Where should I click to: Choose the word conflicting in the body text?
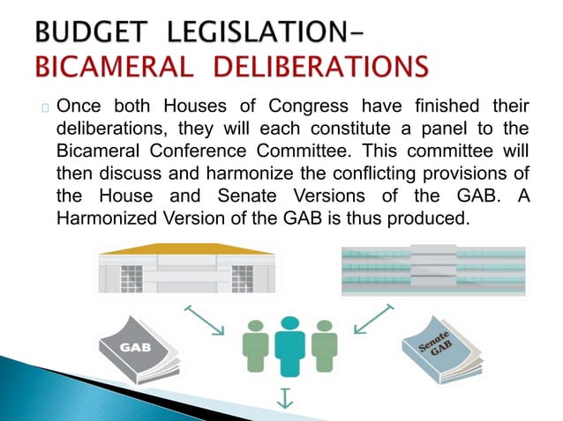374,174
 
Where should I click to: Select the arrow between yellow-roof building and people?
206,318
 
